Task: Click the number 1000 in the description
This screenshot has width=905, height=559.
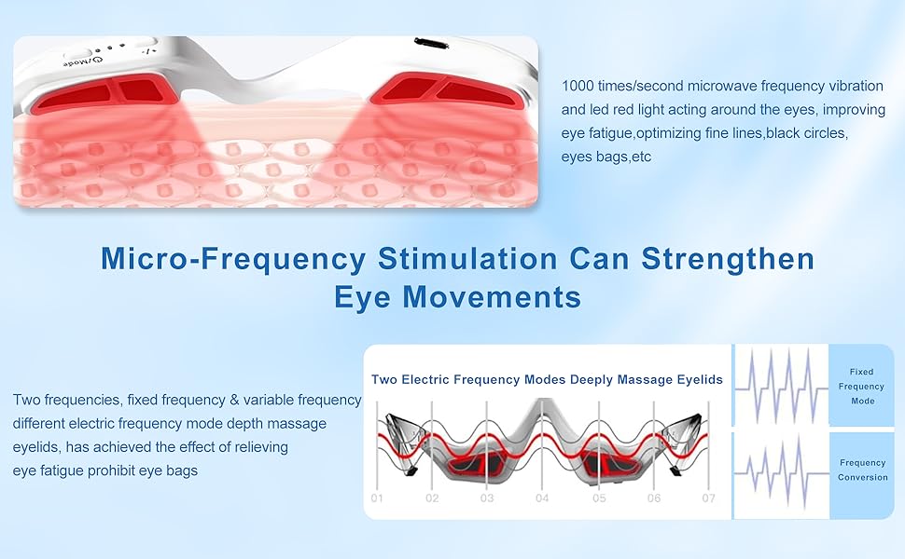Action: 578,86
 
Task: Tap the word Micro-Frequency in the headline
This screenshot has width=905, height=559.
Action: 233,259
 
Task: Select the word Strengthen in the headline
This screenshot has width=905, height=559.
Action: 728,259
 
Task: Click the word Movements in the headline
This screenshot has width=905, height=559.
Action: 492,297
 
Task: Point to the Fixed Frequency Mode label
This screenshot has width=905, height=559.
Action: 862,386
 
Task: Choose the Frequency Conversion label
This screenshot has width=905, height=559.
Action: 863,470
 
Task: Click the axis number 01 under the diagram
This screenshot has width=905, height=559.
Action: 377,498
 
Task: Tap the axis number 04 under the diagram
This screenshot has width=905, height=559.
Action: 541,498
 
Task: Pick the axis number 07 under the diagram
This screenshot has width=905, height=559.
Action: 708,498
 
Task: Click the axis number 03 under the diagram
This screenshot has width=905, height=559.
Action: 486,498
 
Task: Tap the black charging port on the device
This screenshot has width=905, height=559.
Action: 431,43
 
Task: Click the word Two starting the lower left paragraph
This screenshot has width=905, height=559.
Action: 26,400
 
